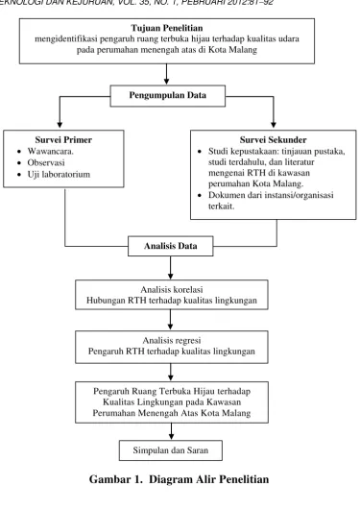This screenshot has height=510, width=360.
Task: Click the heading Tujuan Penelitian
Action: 167,28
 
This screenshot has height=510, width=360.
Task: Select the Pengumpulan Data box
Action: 167,96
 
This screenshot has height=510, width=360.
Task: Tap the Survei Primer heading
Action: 63,140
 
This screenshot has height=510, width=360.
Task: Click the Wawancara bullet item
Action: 51,151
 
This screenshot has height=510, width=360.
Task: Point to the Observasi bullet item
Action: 46,162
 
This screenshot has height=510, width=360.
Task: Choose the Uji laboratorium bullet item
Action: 59,175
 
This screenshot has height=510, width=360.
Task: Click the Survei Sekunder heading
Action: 274,140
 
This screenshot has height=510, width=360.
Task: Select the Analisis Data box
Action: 171,246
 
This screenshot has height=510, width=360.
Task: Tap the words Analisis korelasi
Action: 172,289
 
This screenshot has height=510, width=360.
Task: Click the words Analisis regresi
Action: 172,340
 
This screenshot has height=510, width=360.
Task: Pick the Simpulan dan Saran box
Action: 171,450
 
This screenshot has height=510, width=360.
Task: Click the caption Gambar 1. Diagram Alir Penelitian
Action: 179,479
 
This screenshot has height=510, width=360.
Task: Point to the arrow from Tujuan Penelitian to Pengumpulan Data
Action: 166,74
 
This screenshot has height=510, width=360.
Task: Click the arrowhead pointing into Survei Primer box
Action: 60,125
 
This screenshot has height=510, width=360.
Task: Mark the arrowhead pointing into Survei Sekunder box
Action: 274,125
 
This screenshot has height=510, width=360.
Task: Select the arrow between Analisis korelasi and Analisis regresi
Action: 171,320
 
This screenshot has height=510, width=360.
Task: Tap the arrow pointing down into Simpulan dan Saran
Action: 171,431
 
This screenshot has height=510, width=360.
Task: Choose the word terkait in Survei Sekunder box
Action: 221,206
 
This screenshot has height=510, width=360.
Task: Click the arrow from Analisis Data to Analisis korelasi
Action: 171,268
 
